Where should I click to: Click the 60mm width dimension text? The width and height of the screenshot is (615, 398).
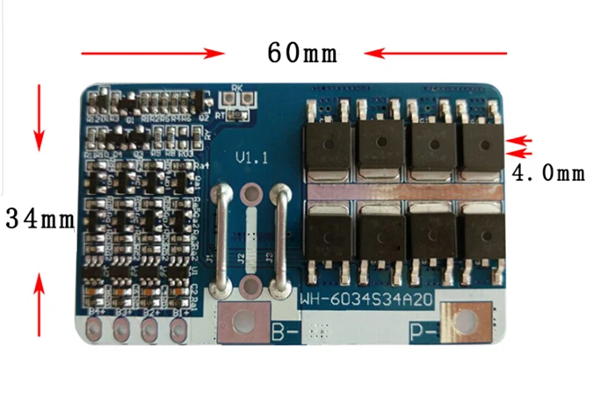(x=302, y=53)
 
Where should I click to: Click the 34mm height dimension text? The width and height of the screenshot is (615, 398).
(x=40, y=218)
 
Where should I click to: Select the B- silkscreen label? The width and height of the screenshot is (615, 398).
(x=285, y=332)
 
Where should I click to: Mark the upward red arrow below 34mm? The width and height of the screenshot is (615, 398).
(x=39, y=303)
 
